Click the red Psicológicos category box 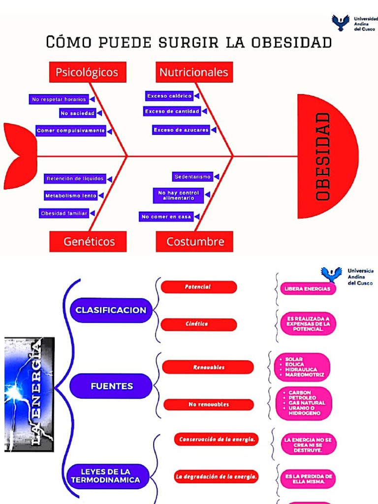click(88, 72)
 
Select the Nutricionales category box click(194, 72)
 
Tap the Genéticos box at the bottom click(89, 242)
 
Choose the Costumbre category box click(195, 242)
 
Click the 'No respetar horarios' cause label click(59, 99)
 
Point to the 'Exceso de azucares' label click(181, 130)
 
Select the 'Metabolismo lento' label click(71, 195)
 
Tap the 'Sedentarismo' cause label click(192, 176)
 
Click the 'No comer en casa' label click(166, 217)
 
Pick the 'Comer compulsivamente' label click(71, 131)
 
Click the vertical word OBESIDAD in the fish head click(322, 157)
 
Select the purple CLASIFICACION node click(111, 310)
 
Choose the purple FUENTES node click(111, 386)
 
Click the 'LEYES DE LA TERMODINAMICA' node click(108, 476)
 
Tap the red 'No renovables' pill click(209, 405)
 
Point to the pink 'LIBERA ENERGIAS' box click(307, 289)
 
